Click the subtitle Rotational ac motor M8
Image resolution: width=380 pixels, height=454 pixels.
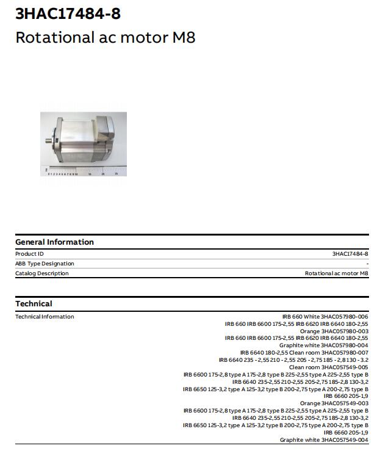pyautogui.click(x=105, y=37)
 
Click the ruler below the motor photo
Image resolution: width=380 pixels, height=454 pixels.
pyautogui.click(x=83, y=173)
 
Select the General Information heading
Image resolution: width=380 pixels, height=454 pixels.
pyautogui.click(x=54, y=242)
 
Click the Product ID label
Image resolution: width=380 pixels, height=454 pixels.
pyautogui.click(x=29, y=253)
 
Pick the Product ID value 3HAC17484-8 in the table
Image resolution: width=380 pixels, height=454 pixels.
pyautogui.click(x=350, y=253)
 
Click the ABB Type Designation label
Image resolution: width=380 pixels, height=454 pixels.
pyautogui.click(x=45, y=264)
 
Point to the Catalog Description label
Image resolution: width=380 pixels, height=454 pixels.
pyautogui.click(x=41, y=273)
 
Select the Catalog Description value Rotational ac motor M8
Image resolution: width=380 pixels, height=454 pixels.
pyautogui.click(x=336, y=273)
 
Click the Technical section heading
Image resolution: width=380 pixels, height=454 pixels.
pyautogui.click(x=34, y=303)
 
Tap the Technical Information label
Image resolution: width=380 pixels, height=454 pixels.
pyautogui.click(x=45, y=317)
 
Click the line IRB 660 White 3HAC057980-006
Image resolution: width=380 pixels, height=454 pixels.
pyautogui.click(x=324, y=317)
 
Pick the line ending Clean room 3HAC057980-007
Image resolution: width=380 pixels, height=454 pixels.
pyautogui.click(x=304, y=353)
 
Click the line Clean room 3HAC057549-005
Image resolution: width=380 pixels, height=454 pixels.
pyautogui.click(x=328, y=367)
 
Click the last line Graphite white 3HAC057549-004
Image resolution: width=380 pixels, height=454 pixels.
pyautogui.click(x=324, y=440)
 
